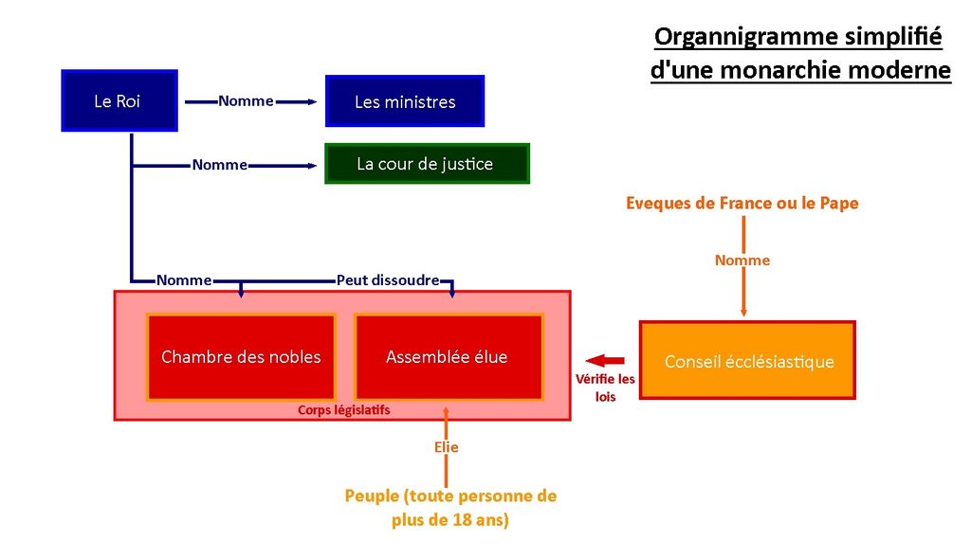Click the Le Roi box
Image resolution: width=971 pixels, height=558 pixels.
click(x=119, y=100)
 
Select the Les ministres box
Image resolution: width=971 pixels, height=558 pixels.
click(x=405, y=101)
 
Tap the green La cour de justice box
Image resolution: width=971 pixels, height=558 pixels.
click(x=428, y=164)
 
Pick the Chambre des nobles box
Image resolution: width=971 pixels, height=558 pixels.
click(x=241, y=357)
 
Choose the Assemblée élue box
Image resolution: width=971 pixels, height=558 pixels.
click(x=449, y=357)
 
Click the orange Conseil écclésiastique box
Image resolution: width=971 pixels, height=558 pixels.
click(x=747, y=360)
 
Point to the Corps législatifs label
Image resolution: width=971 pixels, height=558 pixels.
click(x=343, y=410)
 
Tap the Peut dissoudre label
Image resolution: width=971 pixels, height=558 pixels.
click(x=388, y=280)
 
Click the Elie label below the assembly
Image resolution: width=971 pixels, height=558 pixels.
click(x=446, y=447)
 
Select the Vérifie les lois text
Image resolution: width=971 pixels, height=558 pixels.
click(x=605, y=387)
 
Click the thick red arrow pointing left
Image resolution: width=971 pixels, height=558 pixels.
click(x=605, y=361)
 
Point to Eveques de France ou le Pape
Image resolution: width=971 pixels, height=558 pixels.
click(x=742, y=203)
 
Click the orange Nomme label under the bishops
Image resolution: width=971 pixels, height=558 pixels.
click(x=742, y=261)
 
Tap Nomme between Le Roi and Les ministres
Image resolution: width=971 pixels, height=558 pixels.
click(x=246, y=100)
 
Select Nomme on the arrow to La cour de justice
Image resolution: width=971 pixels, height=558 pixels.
click(x=220, y=165)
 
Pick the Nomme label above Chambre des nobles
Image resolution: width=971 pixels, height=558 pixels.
click(x=184, y=280)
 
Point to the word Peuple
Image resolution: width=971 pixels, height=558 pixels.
click(x=372, y=496)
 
